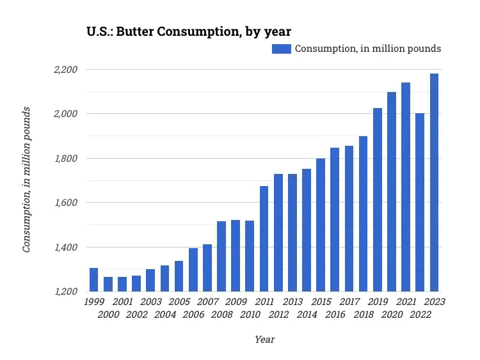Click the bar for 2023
point(434,182)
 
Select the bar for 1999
point(93,279)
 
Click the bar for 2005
point(179,276)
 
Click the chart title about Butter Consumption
point(189,31)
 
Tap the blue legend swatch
point(282,49)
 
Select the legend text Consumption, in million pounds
point(367,49)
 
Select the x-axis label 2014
point(307,315)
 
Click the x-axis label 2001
point(122,302)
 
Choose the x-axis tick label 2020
point(392,315)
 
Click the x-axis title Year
point(264,340)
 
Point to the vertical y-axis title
point(27,180)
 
